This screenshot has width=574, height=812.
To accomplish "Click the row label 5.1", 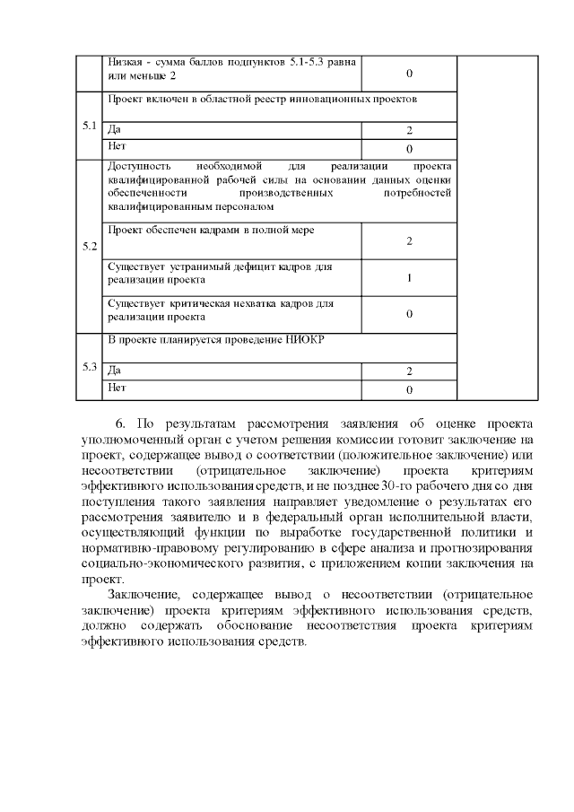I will click(89, 125).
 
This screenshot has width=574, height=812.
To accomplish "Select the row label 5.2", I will click(89, 246).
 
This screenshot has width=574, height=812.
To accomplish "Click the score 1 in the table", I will click(409, 278).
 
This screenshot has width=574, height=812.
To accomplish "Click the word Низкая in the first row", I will click(126, 63).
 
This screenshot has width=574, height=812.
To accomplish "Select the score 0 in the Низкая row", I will click(409, 73).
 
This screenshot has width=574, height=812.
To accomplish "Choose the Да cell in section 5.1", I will click(113, 130).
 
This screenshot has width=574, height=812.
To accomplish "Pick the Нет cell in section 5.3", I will click(116, 389).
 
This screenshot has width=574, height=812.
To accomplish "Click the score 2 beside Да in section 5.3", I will click(409, 371).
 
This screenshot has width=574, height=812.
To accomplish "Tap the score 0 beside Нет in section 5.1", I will click(409, 149).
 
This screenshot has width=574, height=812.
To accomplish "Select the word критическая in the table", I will click(199, 304).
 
